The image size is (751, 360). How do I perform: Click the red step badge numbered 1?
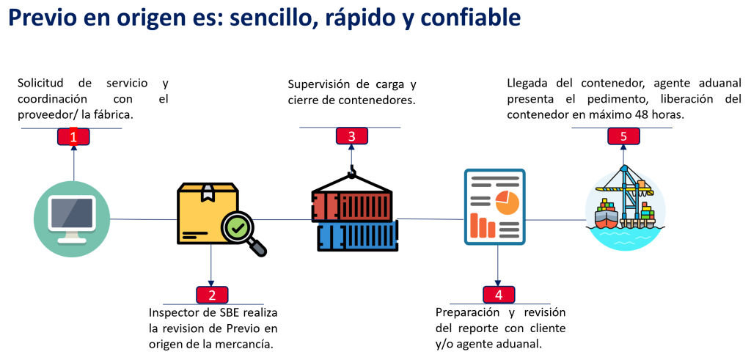73,136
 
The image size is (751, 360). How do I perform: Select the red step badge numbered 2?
212,295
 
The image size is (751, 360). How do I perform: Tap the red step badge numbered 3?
351,136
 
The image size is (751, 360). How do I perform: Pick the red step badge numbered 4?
499,295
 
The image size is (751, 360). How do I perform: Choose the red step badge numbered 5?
623,136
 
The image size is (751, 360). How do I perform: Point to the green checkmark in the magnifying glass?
238,228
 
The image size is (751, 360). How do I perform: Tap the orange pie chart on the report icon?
507,202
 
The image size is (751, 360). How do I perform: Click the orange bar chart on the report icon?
483,225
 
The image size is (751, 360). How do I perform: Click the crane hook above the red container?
351,174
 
